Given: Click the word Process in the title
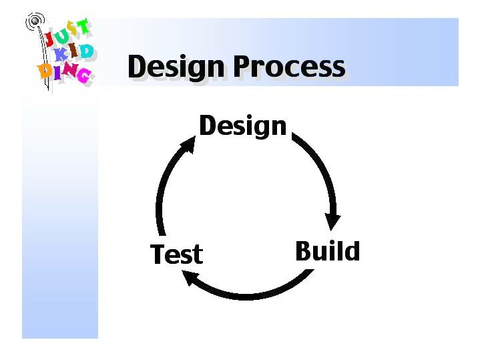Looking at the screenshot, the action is tap(290, 66).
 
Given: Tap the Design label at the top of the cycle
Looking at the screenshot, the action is tap(243, 126).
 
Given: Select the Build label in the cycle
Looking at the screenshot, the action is tap(328, 251).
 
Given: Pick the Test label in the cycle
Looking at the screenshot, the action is tap(177, 254).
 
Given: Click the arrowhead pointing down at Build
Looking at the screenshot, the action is tap(332, 220).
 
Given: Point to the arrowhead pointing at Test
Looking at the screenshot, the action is tap(190, 277).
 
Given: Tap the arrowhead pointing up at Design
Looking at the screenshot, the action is tap(188, 144).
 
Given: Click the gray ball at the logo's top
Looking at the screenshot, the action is tap(35, 21).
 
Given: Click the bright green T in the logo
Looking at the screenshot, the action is tap(83, 26).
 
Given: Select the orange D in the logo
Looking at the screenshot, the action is tap(45, 71).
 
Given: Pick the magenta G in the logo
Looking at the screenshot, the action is tap(84, 75).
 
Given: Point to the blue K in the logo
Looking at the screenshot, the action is tap(61, 55).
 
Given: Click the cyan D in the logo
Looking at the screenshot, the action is tap(85, 51).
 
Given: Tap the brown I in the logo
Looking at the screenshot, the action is tap(73, 51).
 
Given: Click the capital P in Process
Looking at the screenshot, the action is tap(244, 66).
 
